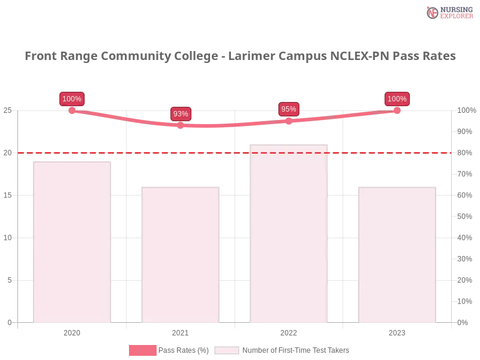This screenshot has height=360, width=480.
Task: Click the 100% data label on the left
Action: tap(72, 99)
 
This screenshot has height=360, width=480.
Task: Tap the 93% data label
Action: tap(181, 113)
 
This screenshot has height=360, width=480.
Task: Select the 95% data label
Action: tap(289, 109)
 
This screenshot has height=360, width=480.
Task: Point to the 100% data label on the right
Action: tap(397, 99)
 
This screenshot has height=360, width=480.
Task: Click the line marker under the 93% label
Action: tap(181, 125)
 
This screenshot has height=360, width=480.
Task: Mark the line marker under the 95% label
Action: tap(289, 121)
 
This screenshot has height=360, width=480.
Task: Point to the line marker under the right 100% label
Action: tap(397, 110)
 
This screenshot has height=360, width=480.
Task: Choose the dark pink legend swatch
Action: tap(142, 350)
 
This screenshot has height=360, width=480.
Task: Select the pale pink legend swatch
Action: tap(227, 350)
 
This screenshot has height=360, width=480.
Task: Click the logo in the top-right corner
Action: tap(448, 12)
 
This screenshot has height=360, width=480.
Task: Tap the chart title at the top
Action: tap(240, 56)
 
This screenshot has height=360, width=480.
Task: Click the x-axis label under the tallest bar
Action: tap(288, 332)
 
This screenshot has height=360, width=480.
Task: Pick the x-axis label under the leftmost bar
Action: tap(72, 332)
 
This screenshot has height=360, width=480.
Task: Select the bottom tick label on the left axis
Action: tap(9, 322)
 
